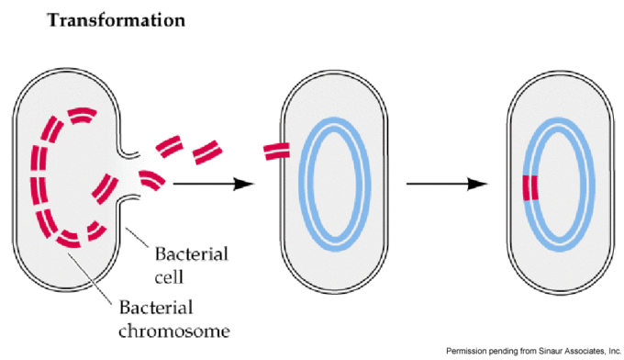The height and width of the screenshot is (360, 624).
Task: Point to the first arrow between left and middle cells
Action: pos(212,185)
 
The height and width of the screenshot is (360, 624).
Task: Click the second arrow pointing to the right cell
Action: pos(446,185)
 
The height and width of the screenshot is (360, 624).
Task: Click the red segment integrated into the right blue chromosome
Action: pos(528,187)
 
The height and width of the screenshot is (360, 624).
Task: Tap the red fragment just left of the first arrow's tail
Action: pos(154,179)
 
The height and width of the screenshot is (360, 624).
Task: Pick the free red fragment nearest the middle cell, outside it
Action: pos(206,149)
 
